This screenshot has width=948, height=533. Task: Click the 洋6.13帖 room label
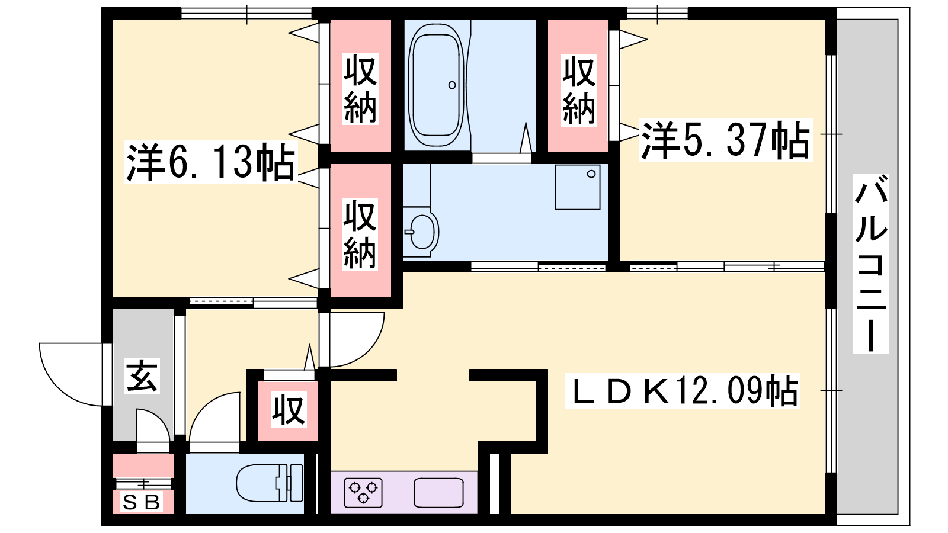210,162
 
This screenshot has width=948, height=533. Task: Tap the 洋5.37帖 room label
725,140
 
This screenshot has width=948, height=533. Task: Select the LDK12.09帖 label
682,390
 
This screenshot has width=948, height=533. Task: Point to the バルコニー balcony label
871,264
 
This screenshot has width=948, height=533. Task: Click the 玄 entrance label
142,376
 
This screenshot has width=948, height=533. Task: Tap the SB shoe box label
142,502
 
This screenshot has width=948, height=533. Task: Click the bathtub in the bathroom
436,85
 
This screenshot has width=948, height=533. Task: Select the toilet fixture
270,483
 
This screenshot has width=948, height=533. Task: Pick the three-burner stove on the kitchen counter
363,493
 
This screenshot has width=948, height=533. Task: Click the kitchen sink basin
438,493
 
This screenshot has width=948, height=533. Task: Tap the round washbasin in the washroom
421,232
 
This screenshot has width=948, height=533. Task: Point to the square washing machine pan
578,187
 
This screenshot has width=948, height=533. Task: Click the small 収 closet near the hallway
289,411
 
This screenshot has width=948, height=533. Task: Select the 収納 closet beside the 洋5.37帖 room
578,85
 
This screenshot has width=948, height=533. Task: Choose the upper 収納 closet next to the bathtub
361,85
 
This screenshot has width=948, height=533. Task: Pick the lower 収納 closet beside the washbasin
361,230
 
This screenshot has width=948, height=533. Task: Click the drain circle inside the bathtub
452,85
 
